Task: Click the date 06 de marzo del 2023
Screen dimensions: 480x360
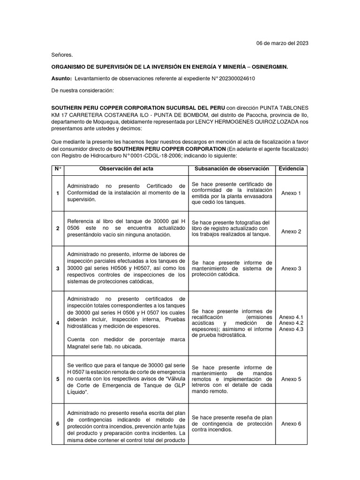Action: coord(282,43)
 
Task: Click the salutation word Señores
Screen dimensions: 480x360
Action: coord(62,55)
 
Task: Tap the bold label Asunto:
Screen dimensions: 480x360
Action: coord(62,79)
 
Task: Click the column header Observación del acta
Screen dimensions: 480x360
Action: coord(126,169)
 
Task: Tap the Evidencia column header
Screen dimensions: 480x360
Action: coord(291,169)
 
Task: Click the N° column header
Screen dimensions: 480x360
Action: coord(58,169)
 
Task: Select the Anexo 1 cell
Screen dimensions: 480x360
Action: coord(291,193)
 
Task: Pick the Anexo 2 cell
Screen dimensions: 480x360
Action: coord(291,231)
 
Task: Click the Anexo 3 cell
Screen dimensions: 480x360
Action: coord(291,269)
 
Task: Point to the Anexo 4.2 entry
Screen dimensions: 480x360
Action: coord(291,323)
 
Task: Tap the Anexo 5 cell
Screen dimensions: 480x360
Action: coord(291,379)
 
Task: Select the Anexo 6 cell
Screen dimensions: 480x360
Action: coord(291,424)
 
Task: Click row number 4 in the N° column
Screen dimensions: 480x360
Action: coord(58,323)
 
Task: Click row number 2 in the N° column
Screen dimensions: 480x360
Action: coord(58,228)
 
